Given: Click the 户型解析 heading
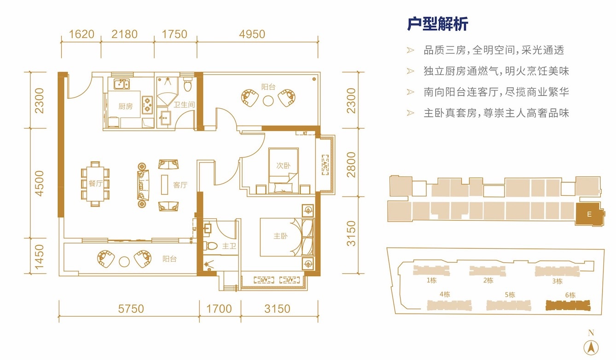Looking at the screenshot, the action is pos(437,24).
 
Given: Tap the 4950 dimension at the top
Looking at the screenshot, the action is pos(252,35).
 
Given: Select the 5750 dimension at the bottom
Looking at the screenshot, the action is pos(131,309).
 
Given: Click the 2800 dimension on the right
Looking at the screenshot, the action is pos(351,165).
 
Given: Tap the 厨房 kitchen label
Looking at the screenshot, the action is pos(125,106).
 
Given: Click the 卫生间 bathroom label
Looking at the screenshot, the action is pos(184,105).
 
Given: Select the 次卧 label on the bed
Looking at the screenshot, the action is pos(283,165).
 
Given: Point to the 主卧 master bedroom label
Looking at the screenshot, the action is pos(280,236).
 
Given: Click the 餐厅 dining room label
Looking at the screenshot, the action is pos(96,183).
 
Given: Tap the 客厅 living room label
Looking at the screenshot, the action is pos(180,185).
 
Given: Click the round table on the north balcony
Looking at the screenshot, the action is pos(268,101).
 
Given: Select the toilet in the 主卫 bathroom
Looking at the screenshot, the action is pos(210,245).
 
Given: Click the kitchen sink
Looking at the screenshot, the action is pos(122,84).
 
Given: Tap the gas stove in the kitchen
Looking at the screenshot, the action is pos(147,105).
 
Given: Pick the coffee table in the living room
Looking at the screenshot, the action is pos(164,185).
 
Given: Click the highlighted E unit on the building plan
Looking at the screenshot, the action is pos(589,214).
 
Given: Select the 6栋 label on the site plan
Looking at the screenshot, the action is pos(570,295).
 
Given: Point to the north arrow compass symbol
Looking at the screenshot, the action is pos(591,348).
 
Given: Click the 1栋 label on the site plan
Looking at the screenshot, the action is pos(431,280).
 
